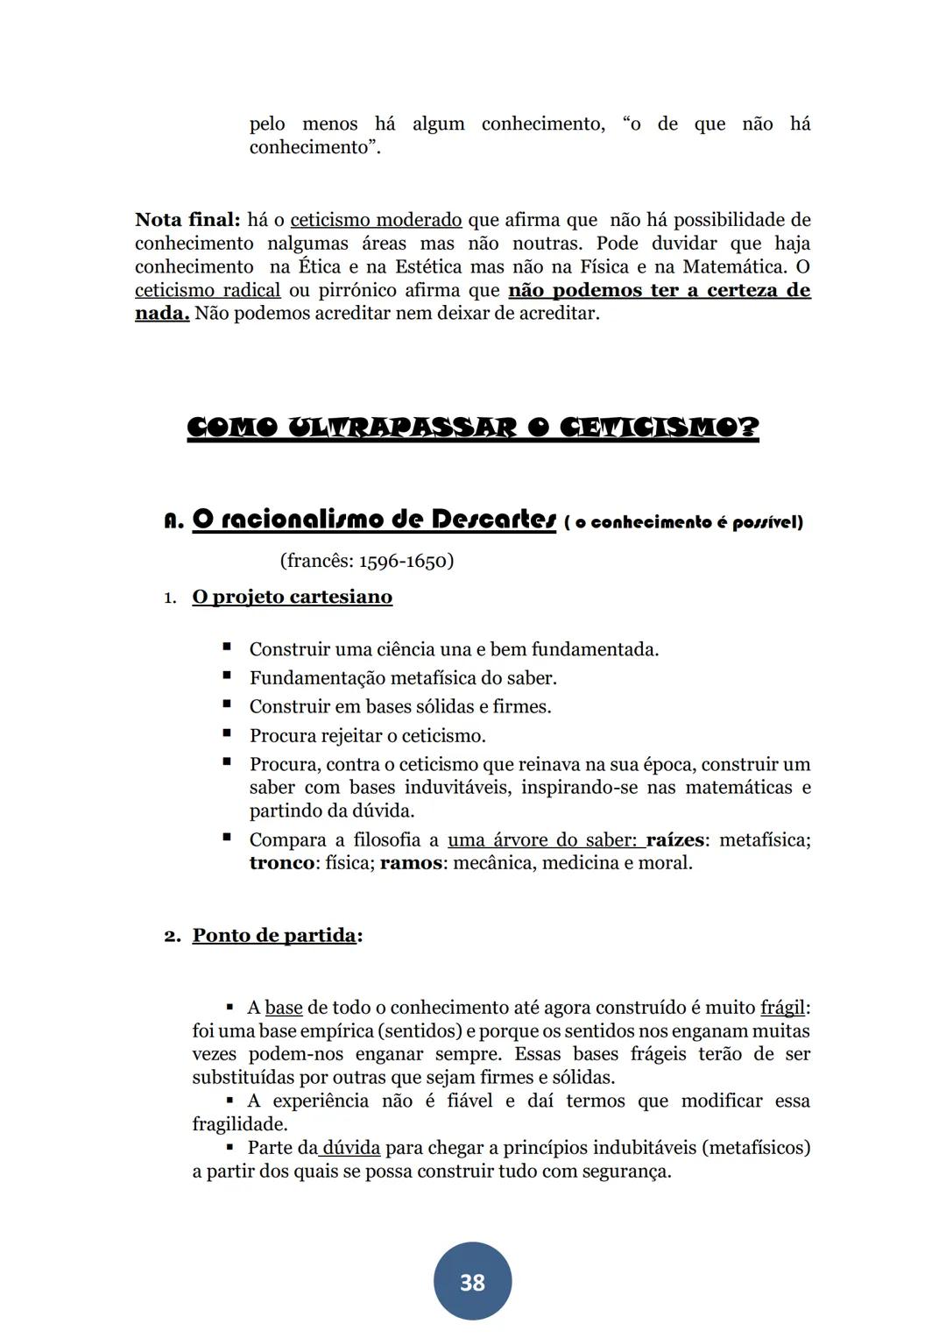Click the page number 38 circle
pos(472,1281)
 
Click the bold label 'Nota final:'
pos(187,220)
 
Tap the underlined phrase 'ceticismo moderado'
pos(376,220)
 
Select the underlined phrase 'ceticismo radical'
pos(208,290)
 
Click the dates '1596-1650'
pos(403,561)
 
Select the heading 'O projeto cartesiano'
pos(292,597)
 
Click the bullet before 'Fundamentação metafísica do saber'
pos(227,676)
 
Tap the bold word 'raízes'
pos(674,839)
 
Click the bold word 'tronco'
pos(281,863)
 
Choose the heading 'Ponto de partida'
pos(274,935)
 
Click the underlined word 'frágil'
pos(782,1008)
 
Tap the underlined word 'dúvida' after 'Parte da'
pos(351,1148)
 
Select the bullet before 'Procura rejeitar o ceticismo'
pos(227,734)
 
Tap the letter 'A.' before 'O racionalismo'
pos(173,521)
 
